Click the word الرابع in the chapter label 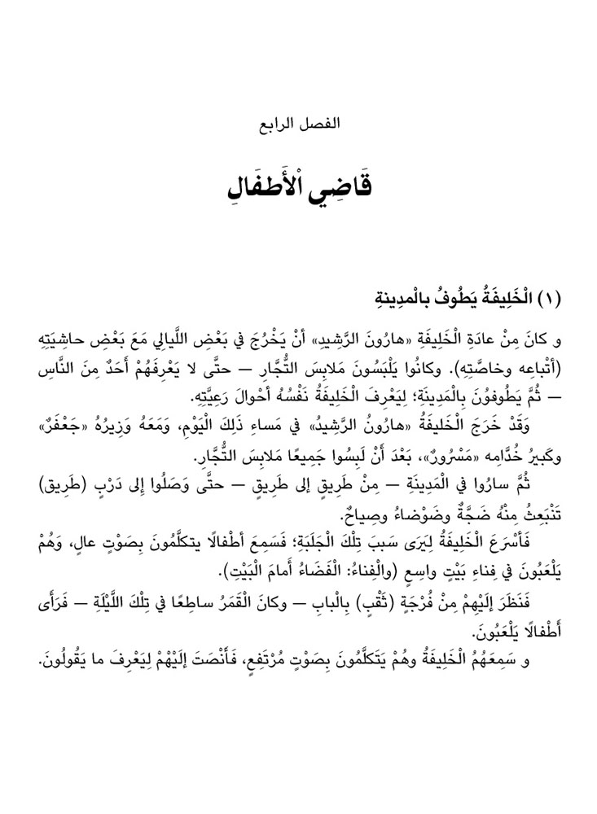[275, 126]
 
